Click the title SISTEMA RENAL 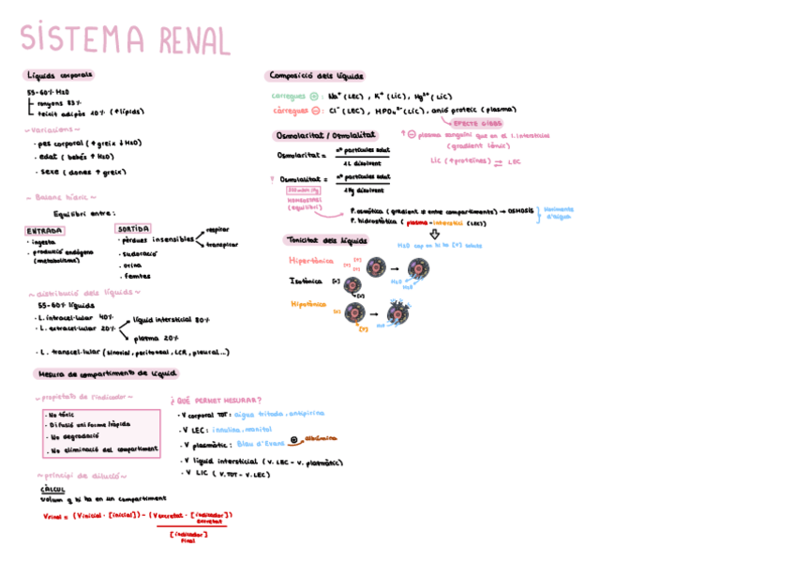click(125, 39)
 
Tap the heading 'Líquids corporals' click(60, 75)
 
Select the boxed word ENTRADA click(45, 230)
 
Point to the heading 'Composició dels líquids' click(316, 76)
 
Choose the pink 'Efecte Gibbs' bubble click(477, 123)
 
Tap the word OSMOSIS click(515, 211)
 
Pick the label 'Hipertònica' click(312, 259)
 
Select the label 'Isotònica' click(306, 281)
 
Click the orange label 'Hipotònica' click(308, 304)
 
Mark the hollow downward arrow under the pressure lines click(434, 234)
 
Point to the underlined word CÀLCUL click(52, 489)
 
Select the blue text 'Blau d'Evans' click(260, 444)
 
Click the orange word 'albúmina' click(320, 438)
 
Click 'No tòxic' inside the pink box click(64, 414)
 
